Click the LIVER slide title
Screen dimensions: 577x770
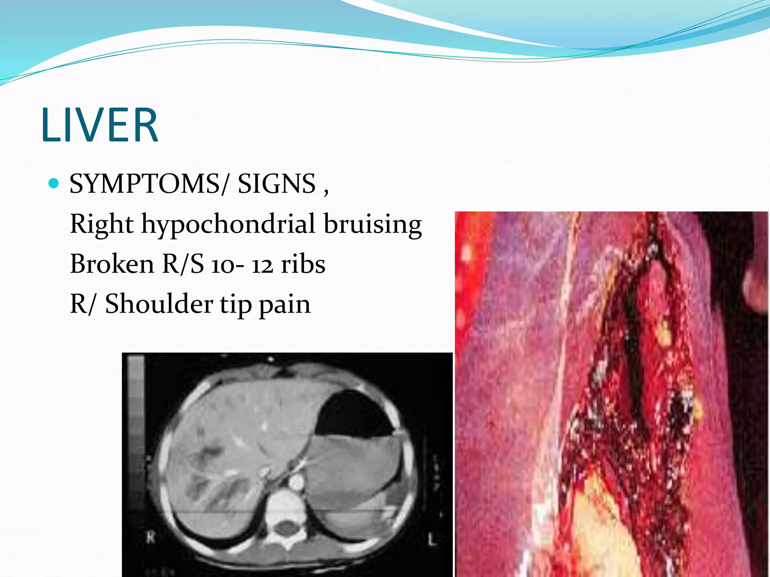click(100, 125)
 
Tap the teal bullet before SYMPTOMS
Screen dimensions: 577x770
click(54, 183)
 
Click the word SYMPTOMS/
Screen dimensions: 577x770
click(149, 184)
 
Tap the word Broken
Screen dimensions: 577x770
click(112, 264)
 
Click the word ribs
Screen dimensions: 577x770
click(303, 264)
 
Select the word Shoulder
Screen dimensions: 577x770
click(159, 304)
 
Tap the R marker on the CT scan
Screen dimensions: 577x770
click(150, 538)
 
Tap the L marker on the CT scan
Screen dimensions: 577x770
click(432, 540)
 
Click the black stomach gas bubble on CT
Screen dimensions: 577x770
click(353, 415)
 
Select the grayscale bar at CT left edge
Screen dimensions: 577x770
click(136, 432)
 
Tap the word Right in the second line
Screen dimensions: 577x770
click(102, 225)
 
